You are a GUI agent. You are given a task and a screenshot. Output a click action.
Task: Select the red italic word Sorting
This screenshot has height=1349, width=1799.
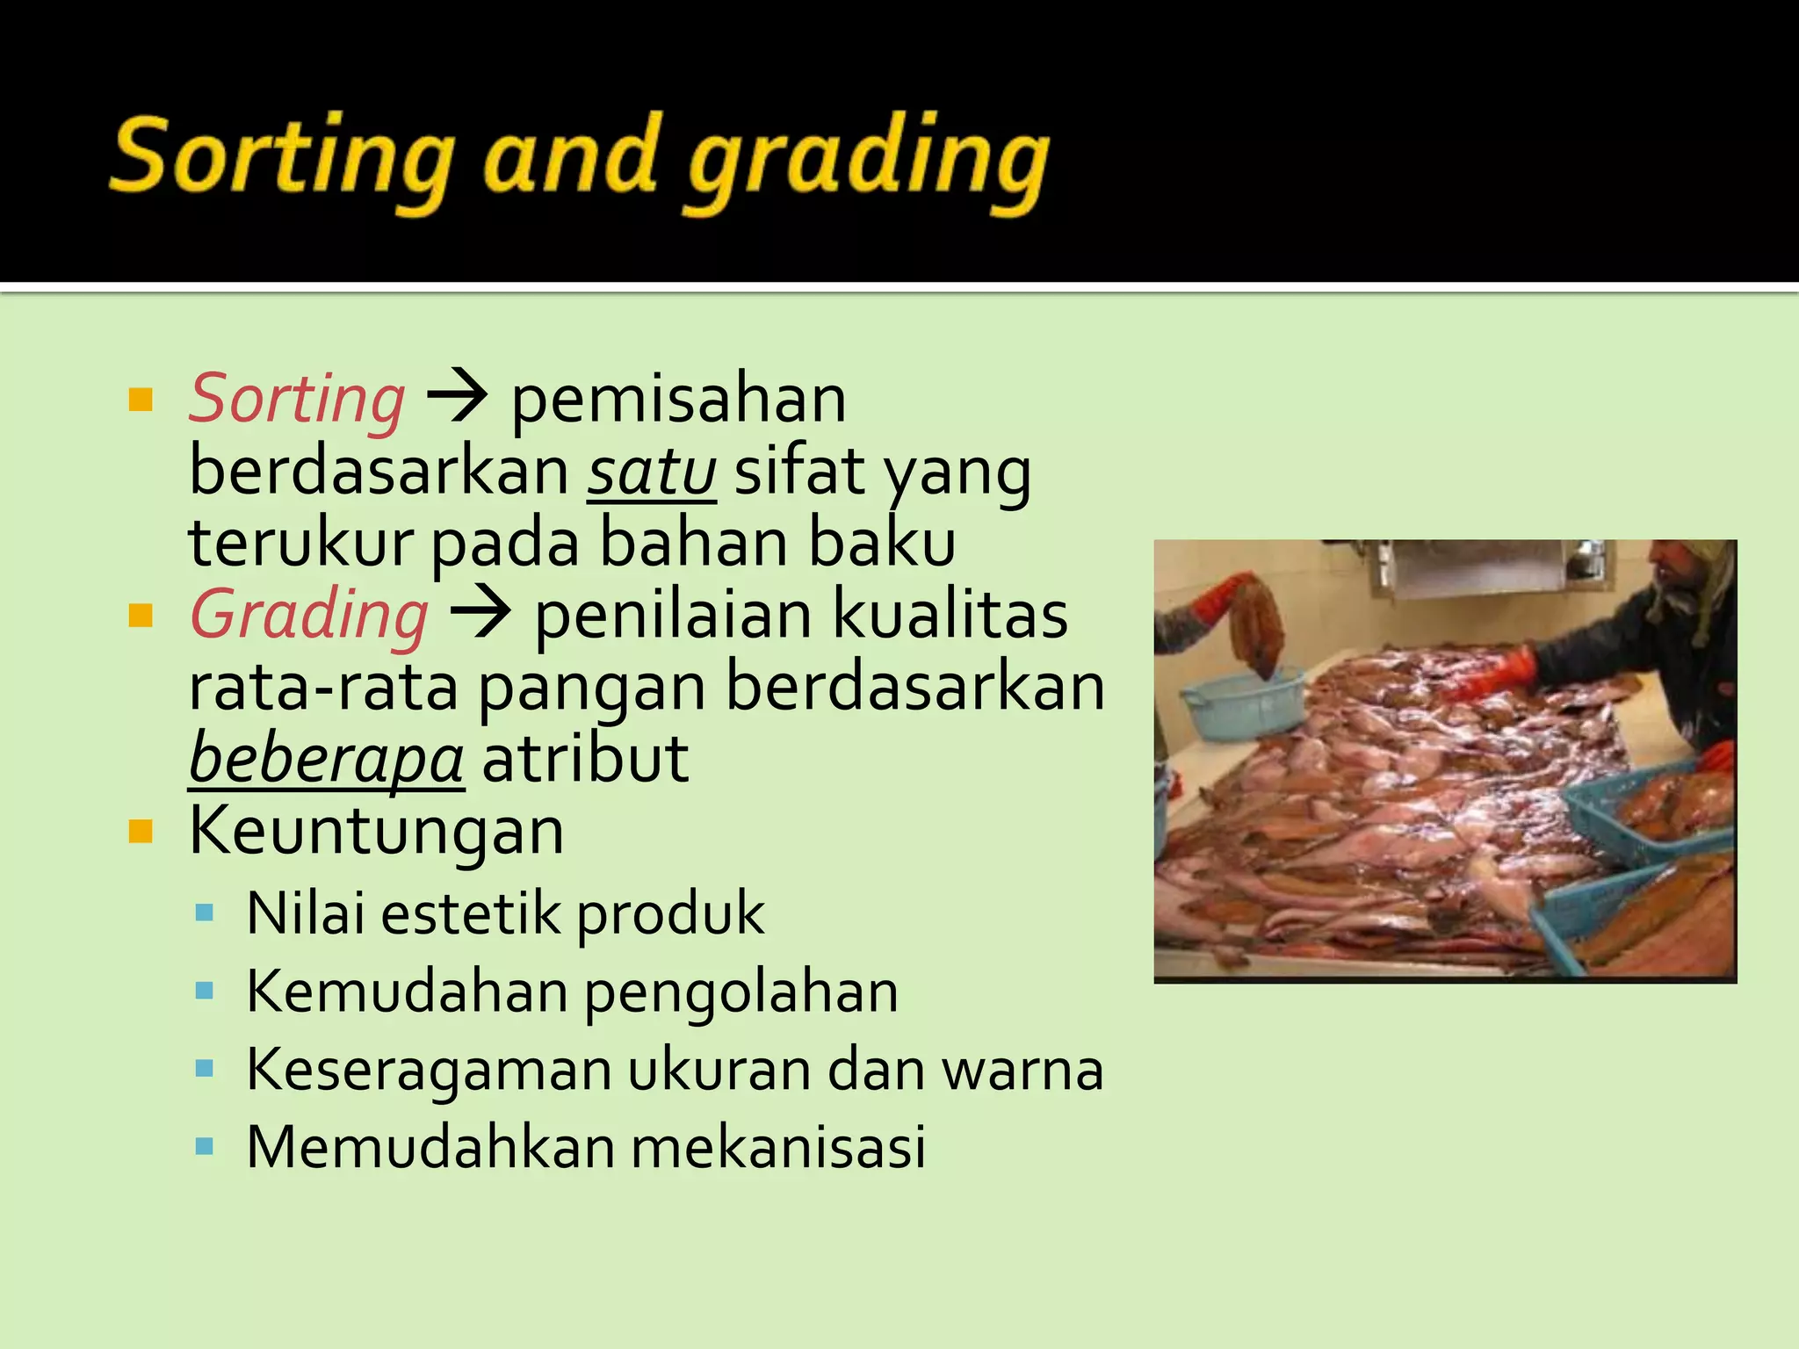pos(297,400)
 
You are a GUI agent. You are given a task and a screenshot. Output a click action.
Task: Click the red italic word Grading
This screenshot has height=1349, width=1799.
pos(309,615)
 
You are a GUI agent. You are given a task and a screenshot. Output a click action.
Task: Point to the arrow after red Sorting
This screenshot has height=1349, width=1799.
pos(457,397)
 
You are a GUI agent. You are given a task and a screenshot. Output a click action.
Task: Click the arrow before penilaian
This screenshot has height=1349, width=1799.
pos(480,613)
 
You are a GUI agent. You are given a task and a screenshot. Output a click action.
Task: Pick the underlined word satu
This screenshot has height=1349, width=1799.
pos(652,473)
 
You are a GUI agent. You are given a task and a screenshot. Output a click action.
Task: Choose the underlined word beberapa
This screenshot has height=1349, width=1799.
pos(327,759)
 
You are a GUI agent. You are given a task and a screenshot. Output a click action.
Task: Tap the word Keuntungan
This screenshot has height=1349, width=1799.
pos(377,831)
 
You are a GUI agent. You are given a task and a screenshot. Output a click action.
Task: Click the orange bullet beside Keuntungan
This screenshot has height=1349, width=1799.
pos(141,830)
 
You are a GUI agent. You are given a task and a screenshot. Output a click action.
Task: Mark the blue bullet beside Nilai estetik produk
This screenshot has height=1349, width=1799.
pos(205,913)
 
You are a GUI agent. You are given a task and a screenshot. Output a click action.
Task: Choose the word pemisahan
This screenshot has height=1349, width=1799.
pos(678,400)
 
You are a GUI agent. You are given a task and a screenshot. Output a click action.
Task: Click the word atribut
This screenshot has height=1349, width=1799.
pos(585,759)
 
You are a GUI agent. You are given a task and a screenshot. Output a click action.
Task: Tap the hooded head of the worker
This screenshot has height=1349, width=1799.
pos(1691,580)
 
